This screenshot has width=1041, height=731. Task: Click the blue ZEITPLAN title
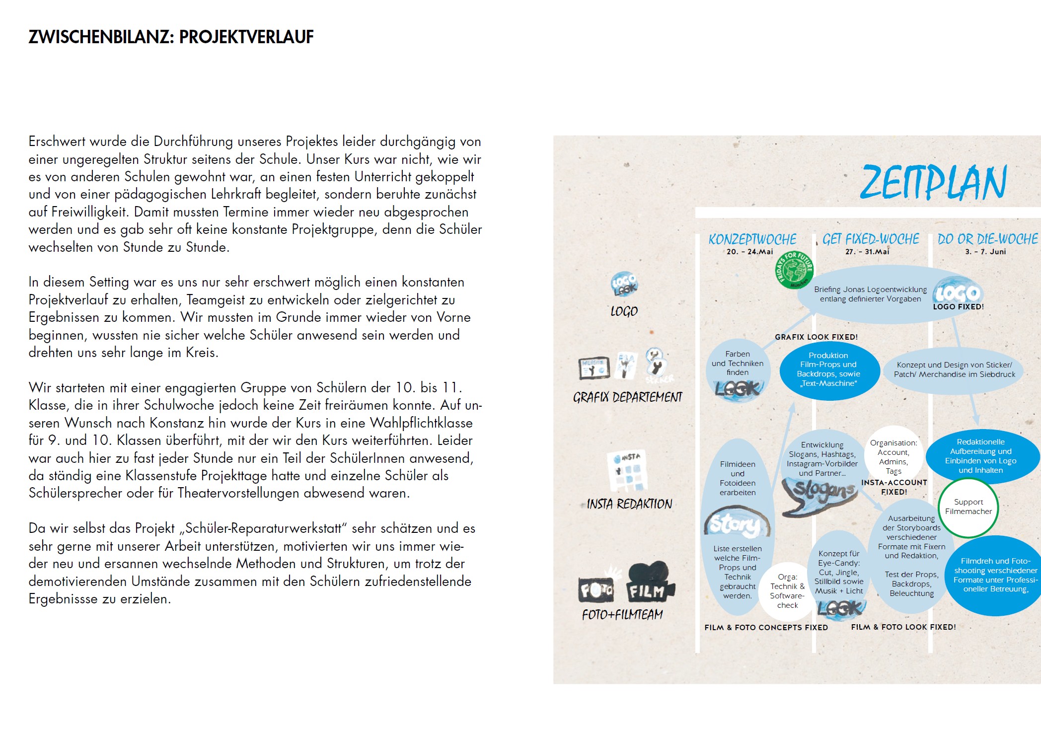[933, 182]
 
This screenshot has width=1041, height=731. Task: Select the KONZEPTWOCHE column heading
[752, 239]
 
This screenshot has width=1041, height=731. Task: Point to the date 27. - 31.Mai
[867, 252]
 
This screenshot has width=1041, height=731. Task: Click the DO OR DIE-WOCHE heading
[987, 239]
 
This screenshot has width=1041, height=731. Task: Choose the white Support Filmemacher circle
[968, 507]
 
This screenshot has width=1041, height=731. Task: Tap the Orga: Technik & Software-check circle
[787, 591]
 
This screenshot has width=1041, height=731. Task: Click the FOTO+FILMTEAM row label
[622, 615]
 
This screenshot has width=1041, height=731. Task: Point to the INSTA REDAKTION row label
[629, 504]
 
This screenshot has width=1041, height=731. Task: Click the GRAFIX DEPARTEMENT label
[627, 397]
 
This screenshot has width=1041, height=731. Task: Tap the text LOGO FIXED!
[958, 307]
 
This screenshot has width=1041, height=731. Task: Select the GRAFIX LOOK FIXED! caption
[816, 337]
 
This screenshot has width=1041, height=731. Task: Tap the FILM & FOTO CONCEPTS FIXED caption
[766, 628]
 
